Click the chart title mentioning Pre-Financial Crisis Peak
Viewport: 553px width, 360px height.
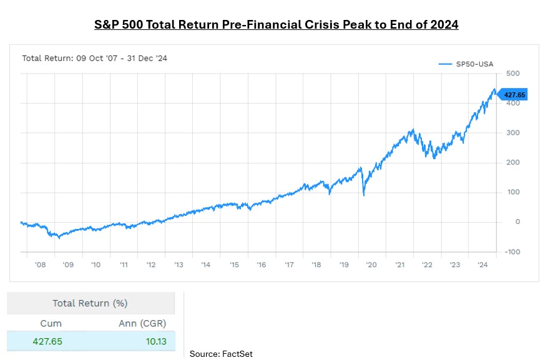click(x=276, y=26)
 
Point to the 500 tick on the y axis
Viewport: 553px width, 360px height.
click(x=513, y=74)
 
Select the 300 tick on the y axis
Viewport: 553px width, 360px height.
click(x=513, y=133)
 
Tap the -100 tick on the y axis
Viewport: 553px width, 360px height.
click(x=512, y=252)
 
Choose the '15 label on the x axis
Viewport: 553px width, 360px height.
click(x=233, y=265)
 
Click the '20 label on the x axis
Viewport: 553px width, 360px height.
click(x=371, y=265)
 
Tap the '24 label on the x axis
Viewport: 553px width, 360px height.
click(x=482, y=265)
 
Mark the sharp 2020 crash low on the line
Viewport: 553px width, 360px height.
click(x=364, y=196)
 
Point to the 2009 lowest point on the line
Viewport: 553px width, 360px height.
click(x=59, y=238)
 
